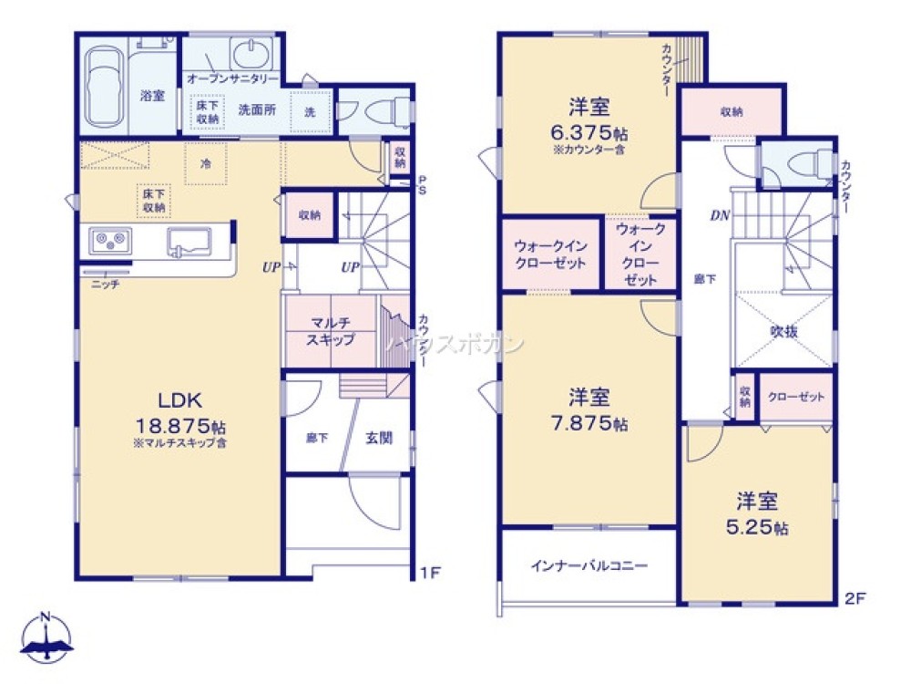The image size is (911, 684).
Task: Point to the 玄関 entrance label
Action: (379, 438)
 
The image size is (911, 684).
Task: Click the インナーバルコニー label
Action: (589, 565)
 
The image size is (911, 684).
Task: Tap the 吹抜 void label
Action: (784, 332)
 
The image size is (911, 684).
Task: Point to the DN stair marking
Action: (719, 216)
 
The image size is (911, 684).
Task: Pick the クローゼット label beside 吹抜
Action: (795, 397)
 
